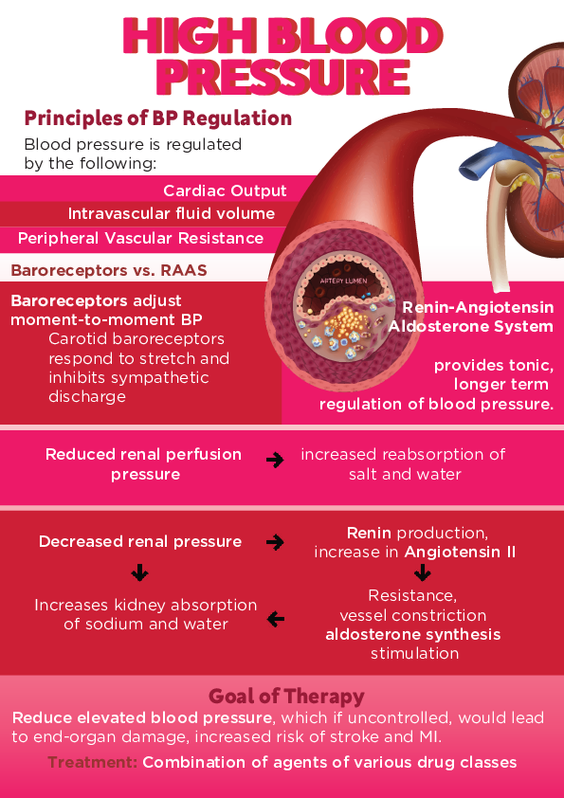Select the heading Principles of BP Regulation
point(157,118)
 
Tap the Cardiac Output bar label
point(225,190)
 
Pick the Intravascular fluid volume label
point(171,214)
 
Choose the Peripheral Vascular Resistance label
point(140,238)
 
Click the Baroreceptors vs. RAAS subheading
point(108,270)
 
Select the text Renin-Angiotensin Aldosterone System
point(471,317)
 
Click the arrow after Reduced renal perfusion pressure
point(275,461)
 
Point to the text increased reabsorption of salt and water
point(403,463)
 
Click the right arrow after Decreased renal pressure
point(275,543)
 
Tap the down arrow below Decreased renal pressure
point(139,573)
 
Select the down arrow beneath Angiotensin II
point(422,573)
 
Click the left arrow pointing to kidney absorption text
point(275,619)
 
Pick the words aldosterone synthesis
point(412,634)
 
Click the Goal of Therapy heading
point(286,697)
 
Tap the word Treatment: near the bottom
point(93,762)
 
